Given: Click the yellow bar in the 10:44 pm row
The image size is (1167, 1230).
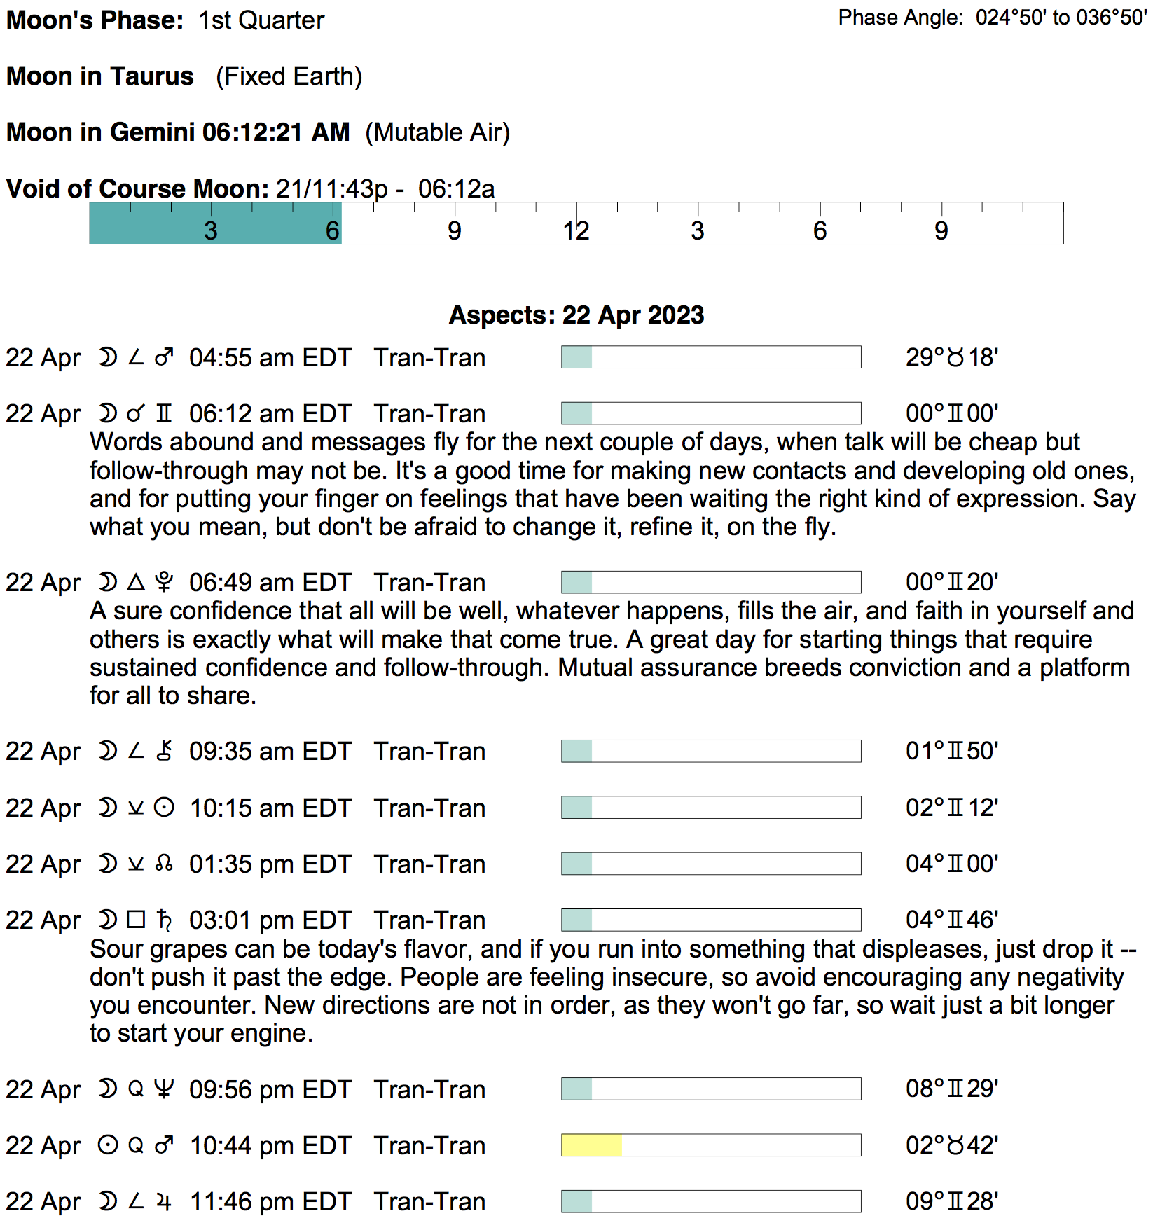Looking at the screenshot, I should [591, 1145].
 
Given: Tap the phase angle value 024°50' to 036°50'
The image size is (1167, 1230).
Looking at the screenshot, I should [1061, 18].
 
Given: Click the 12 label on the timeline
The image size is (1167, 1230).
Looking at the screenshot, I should [576, 231].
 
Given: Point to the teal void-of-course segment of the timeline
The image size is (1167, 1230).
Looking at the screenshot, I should [215, 223].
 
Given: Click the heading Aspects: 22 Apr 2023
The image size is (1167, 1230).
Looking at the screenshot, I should [576, 315].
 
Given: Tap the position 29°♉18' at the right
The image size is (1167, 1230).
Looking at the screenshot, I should [951, 357].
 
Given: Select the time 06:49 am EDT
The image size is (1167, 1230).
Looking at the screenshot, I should [270, 583].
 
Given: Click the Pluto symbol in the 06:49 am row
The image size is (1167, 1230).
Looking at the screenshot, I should [164, 582].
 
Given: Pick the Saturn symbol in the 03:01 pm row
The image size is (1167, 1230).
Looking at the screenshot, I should [164, 920].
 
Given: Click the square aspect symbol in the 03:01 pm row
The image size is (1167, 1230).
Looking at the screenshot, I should [136, 920].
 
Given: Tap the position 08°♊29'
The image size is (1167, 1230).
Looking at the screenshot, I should [951, 1089].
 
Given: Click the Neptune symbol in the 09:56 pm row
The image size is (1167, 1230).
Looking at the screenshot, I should [164, 1089].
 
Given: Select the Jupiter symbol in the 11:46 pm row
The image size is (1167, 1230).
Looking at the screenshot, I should [164, 1202].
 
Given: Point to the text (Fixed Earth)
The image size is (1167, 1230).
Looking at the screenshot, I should [289, 76].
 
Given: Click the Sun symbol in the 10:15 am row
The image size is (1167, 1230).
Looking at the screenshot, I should [164, 808].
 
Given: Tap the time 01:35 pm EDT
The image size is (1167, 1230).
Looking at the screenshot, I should [270, 864].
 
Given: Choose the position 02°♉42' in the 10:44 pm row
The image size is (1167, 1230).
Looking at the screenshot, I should [951, 1145].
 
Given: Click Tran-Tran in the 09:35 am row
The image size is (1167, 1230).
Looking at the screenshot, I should [429, 752].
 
